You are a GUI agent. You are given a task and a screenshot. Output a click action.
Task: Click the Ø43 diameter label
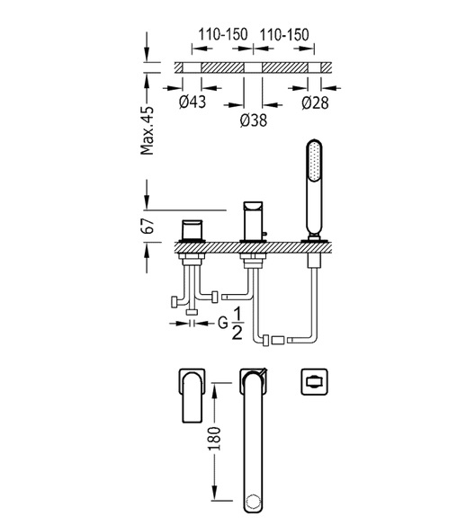(193, 102)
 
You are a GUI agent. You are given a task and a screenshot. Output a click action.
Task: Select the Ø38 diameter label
(254, 120)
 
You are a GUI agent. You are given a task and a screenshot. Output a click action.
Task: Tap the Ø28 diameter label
(315, 102)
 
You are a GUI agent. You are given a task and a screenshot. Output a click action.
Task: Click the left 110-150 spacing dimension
(223, 34)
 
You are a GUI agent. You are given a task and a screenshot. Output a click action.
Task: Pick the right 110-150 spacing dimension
(284, 34)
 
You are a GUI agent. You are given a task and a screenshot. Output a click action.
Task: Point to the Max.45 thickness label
(147, 130)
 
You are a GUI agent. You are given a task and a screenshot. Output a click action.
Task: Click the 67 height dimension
(148, 226)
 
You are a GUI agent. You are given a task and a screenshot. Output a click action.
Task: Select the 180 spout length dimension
(214, 439)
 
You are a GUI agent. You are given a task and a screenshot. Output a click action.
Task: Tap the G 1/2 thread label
(230, 324)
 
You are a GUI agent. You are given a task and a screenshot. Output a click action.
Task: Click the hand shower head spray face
(315, 162)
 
